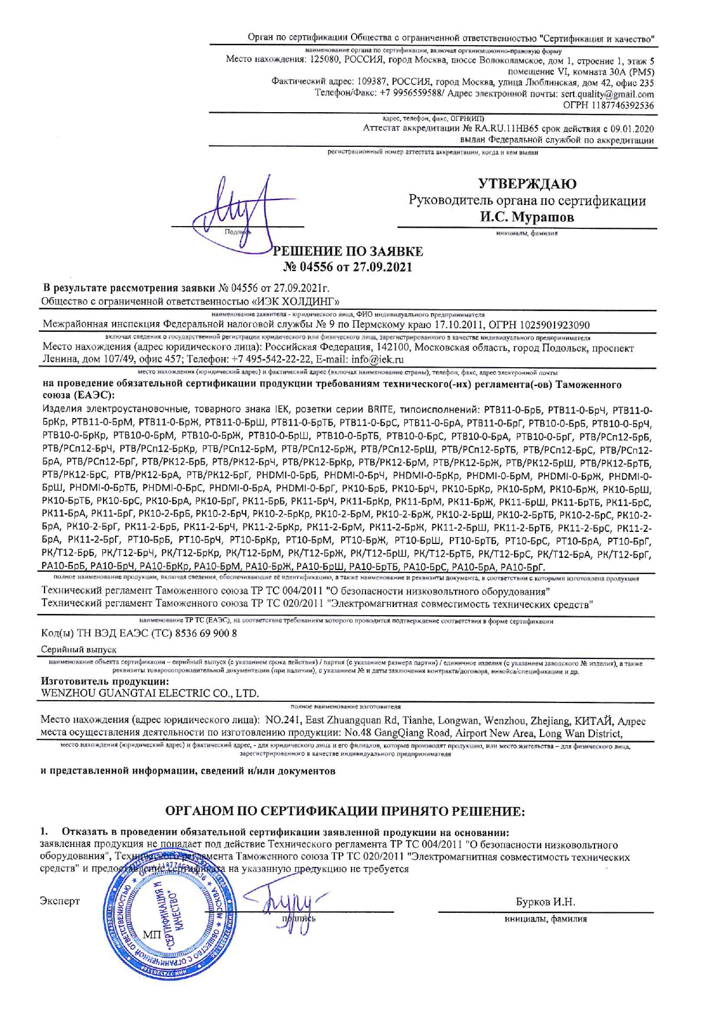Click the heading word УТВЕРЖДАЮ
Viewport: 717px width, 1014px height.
(527, 184)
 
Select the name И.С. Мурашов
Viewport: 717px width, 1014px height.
(527, 218)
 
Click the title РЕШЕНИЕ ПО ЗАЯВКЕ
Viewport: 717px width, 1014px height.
(348, 251)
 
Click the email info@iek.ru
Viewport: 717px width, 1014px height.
(378, 359)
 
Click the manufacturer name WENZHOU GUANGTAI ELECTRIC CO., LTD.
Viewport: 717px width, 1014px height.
(150, 693)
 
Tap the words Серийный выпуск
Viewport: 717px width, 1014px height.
(79, 650)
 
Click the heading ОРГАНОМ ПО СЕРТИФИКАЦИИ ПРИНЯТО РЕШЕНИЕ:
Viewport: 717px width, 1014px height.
(345, 812)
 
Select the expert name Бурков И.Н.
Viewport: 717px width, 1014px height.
(545, 902)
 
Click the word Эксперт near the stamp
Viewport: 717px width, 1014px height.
(60, 901)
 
